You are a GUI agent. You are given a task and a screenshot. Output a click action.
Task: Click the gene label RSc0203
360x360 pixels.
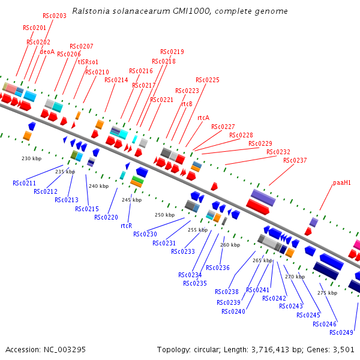pos(55,16)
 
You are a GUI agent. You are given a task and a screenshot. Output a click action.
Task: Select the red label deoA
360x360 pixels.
pos(47,52)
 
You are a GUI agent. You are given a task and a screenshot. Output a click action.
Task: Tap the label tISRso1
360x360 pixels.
pos(88,62)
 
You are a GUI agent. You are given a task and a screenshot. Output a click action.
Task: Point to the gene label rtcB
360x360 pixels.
pos(187,104)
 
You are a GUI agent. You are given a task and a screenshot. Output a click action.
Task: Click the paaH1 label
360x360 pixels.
pos(342,182)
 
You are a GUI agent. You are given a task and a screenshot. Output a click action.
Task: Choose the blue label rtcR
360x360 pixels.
pos(126,226)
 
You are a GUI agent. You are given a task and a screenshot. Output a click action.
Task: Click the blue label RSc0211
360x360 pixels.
pos(25,183)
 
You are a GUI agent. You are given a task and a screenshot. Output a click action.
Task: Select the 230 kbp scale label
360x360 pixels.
pos(31,158)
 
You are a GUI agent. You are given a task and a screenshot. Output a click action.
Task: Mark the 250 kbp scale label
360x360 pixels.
pos(164,215)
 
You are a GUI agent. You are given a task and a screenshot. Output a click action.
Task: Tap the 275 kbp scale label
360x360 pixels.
pos(327,293)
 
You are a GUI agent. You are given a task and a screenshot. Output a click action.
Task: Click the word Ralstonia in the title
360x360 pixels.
pos(89,11)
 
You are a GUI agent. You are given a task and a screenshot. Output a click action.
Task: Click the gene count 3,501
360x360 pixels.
pos(343,349)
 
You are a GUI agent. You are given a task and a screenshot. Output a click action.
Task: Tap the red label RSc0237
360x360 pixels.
pos(295,160)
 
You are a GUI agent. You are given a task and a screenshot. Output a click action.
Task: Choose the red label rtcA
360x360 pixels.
pos(203,118)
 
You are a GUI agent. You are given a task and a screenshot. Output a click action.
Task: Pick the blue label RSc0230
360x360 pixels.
pos(145,234)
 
